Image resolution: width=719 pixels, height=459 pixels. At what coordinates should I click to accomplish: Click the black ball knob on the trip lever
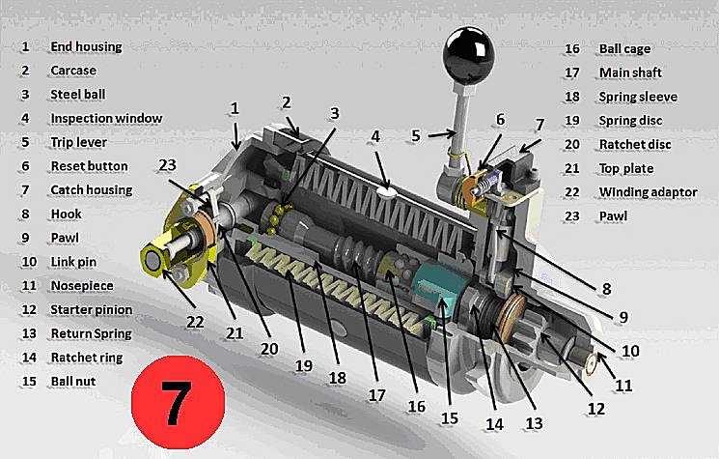[x=469, y=50]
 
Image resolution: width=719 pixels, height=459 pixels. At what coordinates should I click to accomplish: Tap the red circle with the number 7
[x=178, y=403]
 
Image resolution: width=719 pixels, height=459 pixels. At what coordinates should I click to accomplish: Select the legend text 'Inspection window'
[x=106, y=119]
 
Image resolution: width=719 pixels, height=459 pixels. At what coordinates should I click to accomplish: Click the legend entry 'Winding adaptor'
[x=648, y=192]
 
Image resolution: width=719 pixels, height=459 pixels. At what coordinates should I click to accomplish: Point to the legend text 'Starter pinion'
[x=92, y=310]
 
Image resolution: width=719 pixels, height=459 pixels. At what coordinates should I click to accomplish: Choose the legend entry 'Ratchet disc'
[x=635, y=145]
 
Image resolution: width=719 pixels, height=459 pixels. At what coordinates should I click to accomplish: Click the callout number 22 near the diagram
[x=195, y=322]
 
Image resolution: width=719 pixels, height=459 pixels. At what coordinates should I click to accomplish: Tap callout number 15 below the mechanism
[x=450, y=417]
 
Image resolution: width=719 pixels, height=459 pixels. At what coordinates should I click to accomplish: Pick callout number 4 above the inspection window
[x=375, y=136]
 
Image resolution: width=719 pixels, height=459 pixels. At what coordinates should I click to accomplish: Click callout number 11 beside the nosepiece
[x=623, y=385]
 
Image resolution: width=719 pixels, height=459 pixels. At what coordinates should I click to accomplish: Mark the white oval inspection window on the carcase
[x=386, y=191]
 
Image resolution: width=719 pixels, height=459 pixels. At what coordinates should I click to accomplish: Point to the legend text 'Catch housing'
[x=92, y=190]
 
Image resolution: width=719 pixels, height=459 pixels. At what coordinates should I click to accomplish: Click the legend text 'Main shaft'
[x=630, y=72]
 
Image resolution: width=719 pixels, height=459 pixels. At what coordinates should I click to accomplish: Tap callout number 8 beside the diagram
[x=606, y=289]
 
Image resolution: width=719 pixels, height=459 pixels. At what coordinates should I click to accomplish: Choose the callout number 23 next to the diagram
[x=167, y=165]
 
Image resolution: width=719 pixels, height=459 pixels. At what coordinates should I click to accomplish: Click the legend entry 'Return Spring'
[x=92, y=333]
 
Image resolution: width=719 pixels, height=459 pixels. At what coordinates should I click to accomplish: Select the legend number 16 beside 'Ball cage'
[x=571, y=48]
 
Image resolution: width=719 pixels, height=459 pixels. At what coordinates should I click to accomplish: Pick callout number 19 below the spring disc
[x=304, y=365]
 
